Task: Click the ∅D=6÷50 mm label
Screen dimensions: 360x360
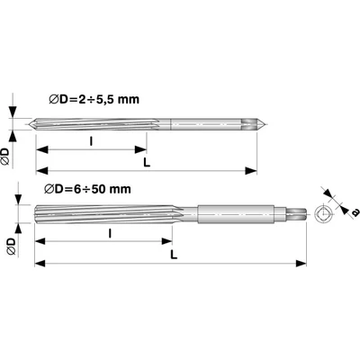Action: [89, 189]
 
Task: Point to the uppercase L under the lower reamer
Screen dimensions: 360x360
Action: [172, 255]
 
